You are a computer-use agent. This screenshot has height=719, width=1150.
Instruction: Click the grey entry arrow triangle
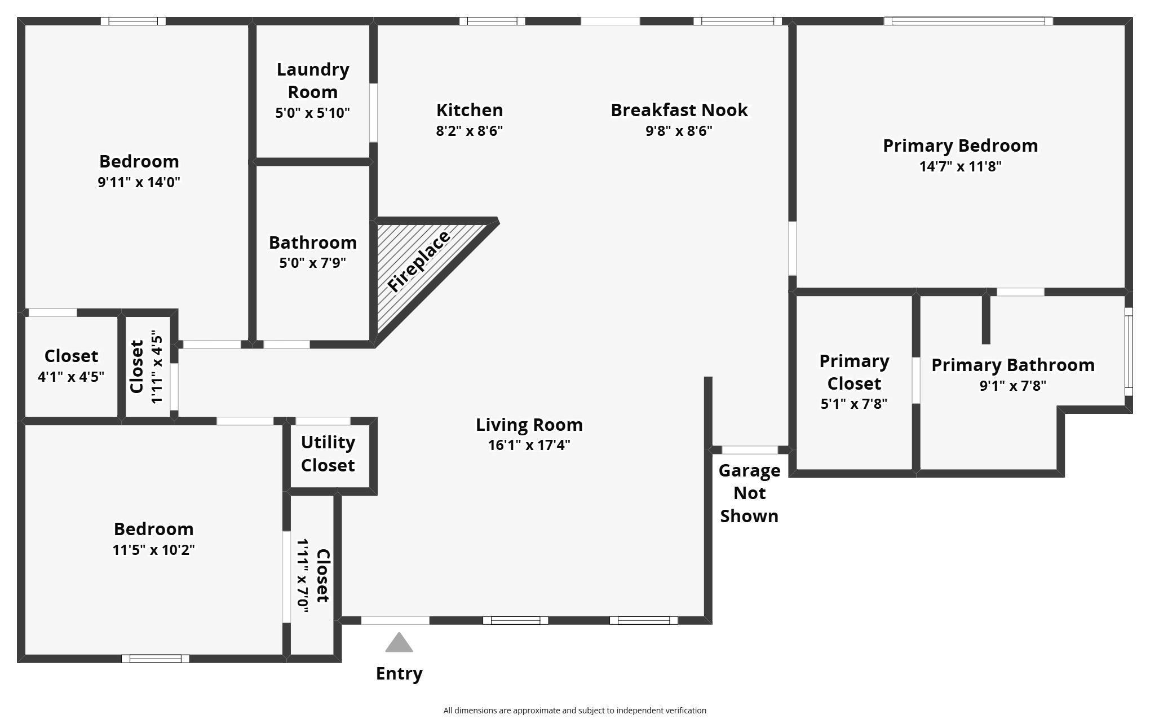click(399, 643)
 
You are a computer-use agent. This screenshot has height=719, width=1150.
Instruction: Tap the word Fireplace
click(419, 262)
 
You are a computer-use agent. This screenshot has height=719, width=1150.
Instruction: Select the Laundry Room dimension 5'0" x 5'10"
click(312, 113)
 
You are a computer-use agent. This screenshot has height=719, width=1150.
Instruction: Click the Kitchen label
click(469, 110)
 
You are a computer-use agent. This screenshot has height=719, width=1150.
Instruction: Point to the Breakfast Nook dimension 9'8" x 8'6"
click(679, 131)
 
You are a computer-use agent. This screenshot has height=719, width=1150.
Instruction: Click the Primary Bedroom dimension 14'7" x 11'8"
click(960, 166)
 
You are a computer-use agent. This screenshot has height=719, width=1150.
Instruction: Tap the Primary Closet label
click(854, 372)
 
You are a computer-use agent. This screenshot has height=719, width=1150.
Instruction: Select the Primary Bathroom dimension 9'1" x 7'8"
click(1012, 386)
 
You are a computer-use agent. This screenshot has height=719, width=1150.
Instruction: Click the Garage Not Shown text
click(749, 493)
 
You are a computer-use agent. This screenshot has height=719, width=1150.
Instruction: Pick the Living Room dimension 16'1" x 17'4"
click(529, 445)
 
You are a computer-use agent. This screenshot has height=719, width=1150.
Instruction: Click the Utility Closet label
click(328, 453)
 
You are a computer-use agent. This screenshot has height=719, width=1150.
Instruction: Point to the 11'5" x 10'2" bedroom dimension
click(153, 550)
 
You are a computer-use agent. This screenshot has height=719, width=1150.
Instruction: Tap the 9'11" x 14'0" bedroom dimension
click(139, 182)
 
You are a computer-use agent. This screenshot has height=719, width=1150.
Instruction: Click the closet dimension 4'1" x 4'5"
click(71, 377)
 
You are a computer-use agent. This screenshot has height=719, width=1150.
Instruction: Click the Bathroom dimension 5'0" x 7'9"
click(312, 263)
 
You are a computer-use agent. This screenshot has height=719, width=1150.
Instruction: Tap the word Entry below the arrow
click(399, 673)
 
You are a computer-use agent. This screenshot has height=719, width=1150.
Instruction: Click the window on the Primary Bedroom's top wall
click(968, 21)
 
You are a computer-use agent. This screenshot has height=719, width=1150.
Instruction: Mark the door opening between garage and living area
click(750, 450)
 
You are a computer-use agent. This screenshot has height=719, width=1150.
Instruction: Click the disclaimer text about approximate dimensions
click(574, 711)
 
